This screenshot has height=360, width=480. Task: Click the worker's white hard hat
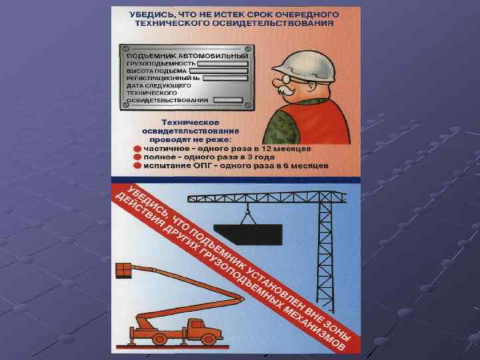coord(306,66)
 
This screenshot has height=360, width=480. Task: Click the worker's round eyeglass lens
coord(286,79)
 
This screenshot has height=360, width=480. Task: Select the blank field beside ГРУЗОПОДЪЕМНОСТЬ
coord(223,64)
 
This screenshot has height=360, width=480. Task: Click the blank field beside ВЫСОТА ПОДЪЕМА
coord(219,71)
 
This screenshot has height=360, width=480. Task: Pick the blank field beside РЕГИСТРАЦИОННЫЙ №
coord(225,79)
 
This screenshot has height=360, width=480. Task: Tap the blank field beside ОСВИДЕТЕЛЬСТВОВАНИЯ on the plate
coord(228,100)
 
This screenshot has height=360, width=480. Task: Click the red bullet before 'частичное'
coord(137,149)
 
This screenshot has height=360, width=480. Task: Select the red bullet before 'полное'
coord(137,157)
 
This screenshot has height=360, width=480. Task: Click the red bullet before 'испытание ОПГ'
coord(137,166)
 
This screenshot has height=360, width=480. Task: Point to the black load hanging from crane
coord(249,234)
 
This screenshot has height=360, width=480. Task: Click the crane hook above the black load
coord(247,210)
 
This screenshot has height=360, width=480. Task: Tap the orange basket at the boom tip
coord(123,271)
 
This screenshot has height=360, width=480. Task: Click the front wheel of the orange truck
coord(208,339)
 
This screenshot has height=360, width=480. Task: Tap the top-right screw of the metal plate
coord(248,49)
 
